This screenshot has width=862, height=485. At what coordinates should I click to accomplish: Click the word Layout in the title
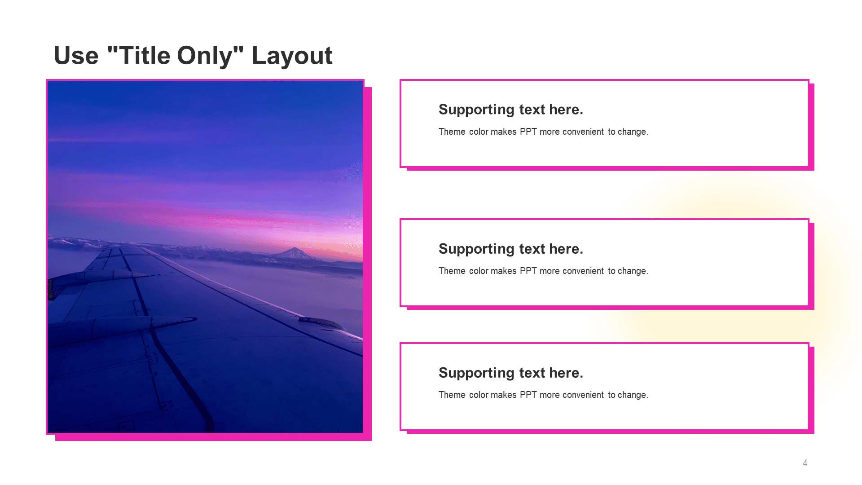click(292, 57)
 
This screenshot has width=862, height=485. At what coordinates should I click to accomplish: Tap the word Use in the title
click(76, 56)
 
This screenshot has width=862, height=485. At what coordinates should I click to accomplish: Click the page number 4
click(805, 463)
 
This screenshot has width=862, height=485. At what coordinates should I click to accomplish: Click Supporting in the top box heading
click(476, 110)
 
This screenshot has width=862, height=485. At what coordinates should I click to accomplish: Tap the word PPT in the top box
click(528, 132)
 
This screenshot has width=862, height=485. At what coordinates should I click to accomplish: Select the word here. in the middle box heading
click(566, 249)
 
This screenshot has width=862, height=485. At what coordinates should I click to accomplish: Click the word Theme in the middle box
click(452, 271)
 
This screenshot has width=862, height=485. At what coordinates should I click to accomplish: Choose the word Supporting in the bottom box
click(476, 373)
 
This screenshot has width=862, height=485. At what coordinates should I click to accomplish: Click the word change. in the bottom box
click(633, 395)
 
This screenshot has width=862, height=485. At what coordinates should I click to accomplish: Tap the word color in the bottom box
click(479, 395)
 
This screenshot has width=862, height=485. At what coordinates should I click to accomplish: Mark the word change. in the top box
click(633, 132)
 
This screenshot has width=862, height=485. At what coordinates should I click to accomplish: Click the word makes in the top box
click(504, 132)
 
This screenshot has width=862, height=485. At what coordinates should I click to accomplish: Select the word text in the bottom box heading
click(532, 373)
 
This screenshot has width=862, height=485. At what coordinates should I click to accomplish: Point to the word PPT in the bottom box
click(528, 395)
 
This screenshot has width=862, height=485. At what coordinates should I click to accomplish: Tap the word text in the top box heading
click(532, 110)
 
